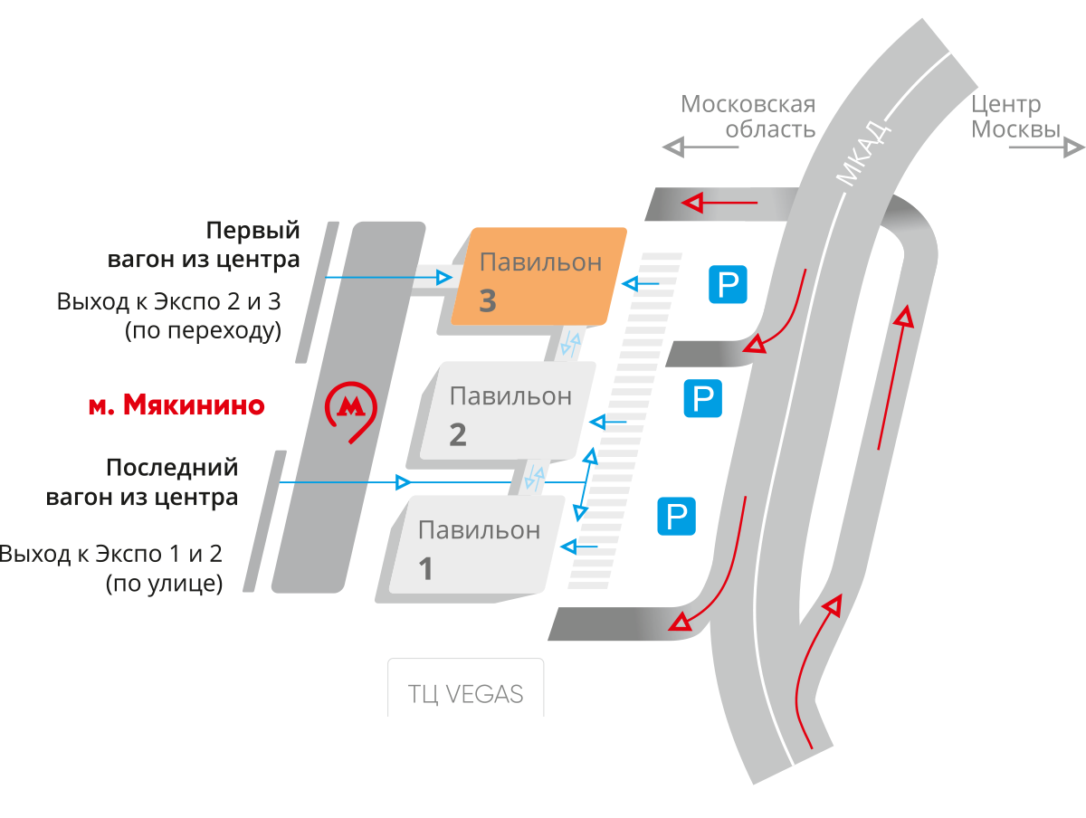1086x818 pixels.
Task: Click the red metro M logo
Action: point(350,409)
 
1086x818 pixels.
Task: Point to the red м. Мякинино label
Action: point(176,404)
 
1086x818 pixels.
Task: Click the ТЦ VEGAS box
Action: point(466,693)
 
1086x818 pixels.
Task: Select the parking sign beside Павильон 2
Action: point(702,398)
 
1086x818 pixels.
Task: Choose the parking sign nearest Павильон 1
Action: point(676,515)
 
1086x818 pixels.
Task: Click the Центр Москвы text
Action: point(1014,117)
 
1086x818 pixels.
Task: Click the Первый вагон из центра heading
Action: point(205,245)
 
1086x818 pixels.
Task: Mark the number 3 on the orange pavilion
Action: point(487,300)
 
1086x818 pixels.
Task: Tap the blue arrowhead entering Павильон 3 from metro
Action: point(443,277)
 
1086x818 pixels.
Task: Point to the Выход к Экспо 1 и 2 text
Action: point(111,554)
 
